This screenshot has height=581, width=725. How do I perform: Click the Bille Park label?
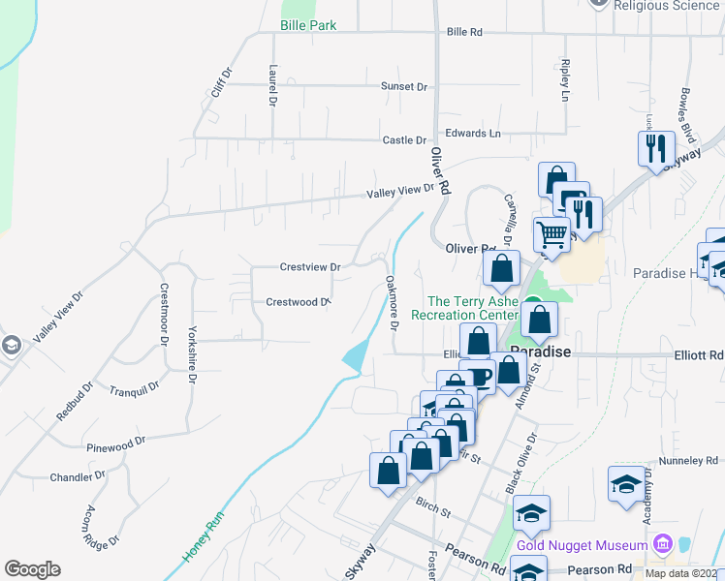[308, 25]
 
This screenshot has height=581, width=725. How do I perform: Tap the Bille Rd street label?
[464, 32]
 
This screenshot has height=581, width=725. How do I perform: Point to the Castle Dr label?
[404, 140]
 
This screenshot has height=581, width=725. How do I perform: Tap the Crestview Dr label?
[310, 266]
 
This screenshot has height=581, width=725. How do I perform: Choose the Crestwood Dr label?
[299, 302]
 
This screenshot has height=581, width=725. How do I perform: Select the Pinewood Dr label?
[115, 441]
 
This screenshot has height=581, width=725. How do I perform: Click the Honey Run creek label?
[203, 537]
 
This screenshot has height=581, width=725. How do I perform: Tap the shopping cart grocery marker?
[552, 233]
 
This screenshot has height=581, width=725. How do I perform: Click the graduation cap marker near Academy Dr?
[626, 482]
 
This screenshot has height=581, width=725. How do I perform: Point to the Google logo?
[33, 569]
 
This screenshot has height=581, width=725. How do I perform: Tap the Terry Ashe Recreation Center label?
[465, 308]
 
